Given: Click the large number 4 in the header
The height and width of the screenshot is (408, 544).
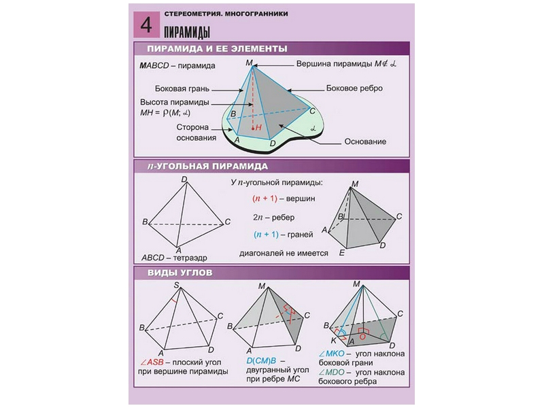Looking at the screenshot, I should [145, 25].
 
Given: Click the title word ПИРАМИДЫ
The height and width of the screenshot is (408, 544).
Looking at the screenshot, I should [185, 31].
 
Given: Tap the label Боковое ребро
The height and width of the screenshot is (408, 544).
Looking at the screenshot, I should [354, 88].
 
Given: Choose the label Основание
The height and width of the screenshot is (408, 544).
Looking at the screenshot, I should [365, 142].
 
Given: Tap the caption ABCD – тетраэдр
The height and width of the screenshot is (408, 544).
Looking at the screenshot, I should [173, 258].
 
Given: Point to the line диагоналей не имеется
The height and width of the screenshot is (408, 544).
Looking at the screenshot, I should [284, 253].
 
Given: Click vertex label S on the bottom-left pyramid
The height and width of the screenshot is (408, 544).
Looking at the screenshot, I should [177, 285].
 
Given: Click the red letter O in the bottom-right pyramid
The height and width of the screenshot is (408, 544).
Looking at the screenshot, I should [364, 335].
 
